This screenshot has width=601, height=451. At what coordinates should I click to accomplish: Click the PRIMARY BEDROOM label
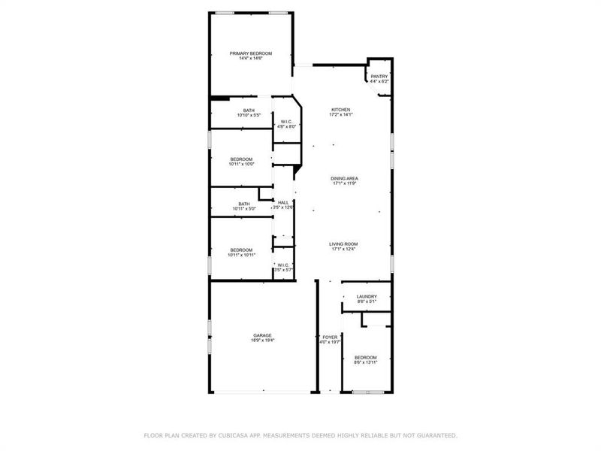pyautogui.click(x=250, y=53)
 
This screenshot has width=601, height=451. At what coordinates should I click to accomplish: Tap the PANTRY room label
pyautogui.click(x=379, y=76)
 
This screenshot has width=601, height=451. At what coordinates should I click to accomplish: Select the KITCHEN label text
pyautogui.click(x=341, y=110)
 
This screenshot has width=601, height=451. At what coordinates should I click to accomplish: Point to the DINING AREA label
pyautogui.click(x=344, y=178)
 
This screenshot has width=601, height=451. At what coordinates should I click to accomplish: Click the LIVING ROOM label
pyautogui.click(x=343, y=244)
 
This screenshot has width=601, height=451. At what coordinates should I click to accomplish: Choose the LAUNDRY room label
pyautogui.click(x=367, y=296)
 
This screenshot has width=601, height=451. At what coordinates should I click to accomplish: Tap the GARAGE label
pyautogui.click(x=262, y=335)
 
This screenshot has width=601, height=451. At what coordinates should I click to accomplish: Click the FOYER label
pyautogui.click(x=330, y=337)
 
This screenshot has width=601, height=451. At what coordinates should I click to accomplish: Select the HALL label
pyautogui.click(x=283, y=202)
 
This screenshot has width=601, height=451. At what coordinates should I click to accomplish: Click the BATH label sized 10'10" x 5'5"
pyautogui.click(x=249, y=110)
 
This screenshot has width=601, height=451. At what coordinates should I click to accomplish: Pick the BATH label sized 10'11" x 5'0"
pyautogui.click(x=244, y=204)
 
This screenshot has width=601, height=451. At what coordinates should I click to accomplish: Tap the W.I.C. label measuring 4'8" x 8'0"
pyautogui.click(x=286, y=122)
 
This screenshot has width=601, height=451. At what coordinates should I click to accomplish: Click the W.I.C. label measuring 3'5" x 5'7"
pyautogui.click(x=283, y=265)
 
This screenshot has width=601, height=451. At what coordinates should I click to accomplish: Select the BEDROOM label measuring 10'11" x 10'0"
pyautogui.click(x=241, y=159)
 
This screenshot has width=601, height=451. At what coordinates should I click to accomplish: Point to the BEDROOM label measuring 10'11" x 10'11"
pyautogui.click(x=241, y=250)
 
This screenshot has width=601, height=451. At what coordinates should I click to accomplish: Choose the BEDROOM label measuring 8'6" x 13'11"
pyautogui.click(x=365, y=357)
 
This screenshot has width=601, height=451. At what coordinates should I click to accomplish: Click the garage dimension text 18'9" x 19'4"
pyautogui.click(x=262, y=341)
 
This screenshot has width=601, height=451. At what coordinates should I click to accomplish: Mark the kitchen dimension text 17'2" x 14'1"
pyautogui.click(x=341, y=115)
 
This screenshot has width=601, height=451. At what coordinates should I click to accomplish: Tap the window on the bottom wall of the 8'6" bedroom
pyautogui.click(x=366, y=392)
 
